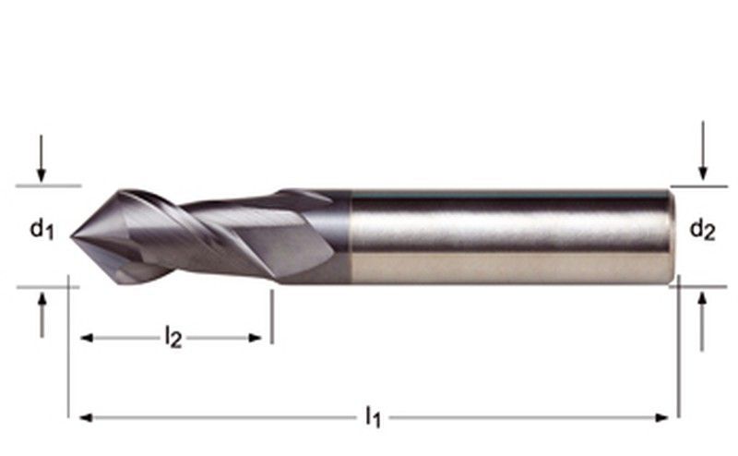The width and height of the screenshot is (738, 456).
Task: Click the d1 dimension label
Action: pos(42,230)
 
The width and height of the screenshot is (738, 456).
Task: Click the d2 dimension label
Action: pos(702,230)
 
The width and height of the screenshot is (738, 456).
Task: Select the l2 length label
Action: pos(173,338)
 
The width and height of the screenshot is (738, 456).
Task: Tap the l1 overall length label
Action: pos(374,417)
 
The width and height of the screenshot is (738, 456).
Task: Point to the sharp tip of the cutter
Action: pos(72,237)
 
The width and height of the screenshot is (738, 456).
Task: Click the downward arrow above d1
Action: pos(42,158)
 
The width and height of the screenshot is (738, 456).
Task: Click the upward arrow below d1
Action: pos(42,315)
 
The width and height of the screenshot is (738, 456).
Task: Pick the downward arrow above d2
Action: pos(703,150)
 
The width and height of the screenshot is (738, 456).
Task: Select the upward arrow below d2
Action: pos(702,322)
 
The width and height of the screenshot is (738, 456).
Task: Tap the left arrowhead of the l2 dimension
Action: pos(87,338)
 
